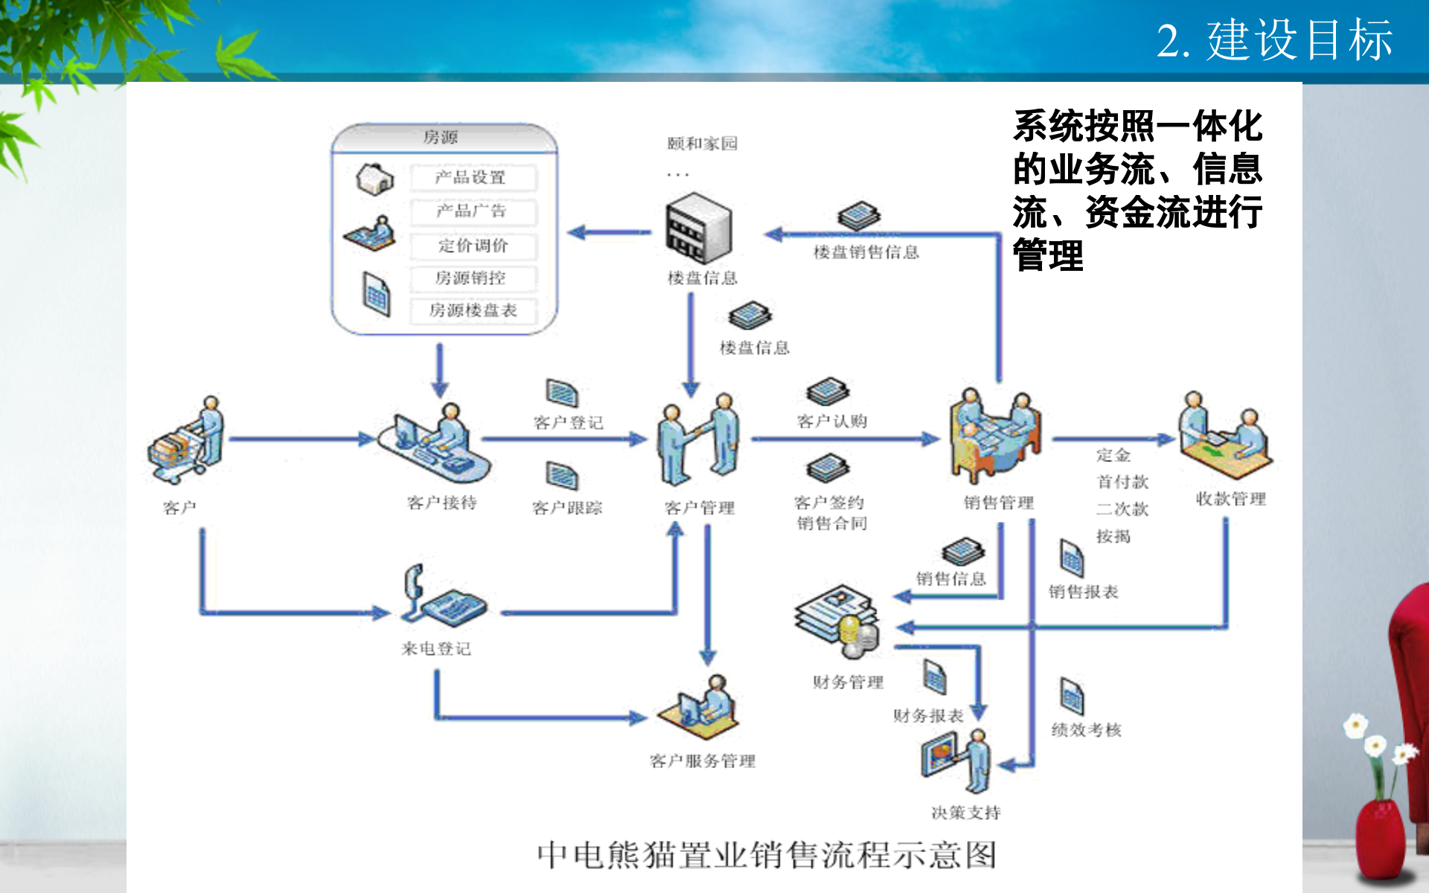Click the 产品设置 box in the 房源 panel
point(472,177)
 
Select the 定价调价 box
point(472,245)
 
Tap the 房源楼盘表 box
point(472,310)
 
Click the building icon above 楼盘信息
point(698,228)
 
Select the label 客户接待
point(442,503)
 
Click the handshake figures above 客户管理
point(697,440)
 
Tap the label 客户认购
point(831,421)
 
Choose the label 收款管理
point(1230,499)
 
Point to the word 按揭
point(1113,537)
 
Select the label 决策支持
point(965,813)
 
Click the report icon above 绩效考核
point(1072,697)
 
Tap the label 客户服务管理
point(702,761)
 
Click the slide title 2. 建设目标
point(1273,40)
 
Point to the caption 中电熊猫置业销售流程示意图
point(766,855)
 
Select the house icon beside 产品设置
point(374,179)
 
